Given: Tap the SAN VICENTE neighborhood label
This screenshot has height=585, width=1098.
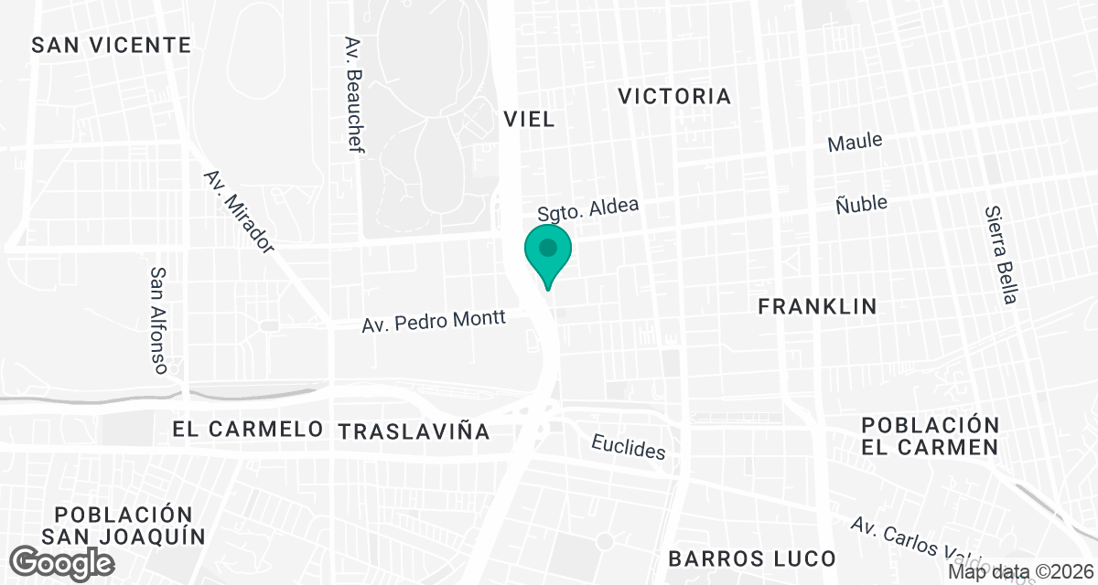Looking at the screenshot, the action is (111, 45).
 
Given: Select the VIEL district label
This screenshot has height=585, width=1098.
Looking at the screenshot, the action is (529, 119).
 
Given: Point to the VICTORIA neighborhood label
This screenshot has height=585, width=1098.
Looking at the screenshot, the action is (674, 96).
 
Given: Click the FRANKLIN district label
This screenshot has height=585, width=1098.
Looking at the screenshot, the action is (817, 307).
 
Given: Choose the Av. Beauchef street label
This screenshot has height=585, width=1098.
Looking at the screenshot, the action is (354, 95).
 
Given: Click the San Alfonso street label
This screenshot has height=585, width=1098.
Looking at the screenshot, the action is (158, 320).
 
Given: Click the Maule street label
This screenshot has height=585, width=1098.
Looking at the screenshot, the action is (855, 143).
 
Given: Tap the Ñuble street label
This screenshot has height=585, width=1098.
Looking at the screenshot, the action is (861, 203).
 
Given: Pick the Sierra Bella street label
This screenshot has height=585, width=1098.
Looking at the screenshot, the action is (1000, 254).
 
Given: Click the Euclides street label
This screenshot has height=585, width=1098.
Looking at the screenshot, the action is (628, 447).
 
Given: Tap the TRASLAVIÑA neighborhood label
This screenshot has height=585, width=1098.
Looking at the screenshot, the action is (414, 431).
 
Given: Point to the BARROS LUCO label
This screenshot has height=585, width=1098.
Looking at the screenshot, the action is (751, 558).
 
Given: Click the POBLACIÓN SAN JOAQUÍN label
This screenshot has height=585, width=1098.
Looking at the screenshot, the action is (123, 525).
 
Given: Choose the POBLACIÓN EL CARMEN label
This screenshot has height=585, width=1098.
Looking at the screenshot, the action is (930, 436).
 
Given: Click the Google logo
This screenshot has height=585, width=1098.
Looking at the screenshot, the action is (63, 560).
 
